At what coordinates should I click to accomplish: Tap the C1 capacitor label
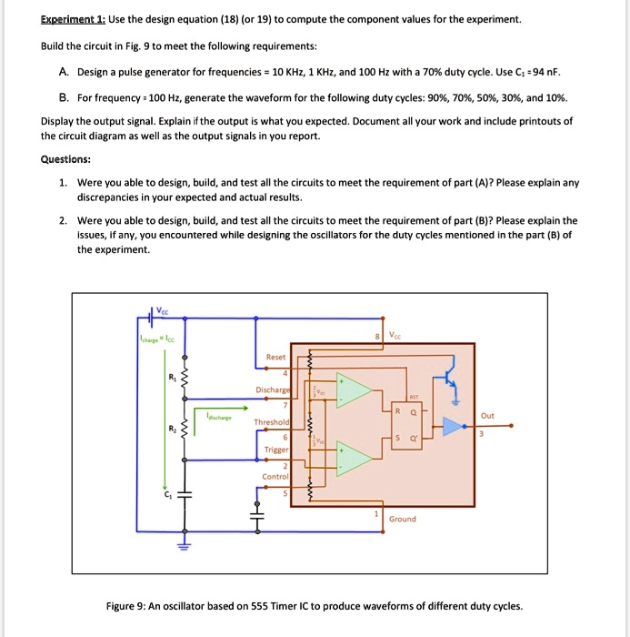pyautogui.click(x=167, y=495)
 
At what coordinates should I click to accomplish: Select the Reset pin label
pyautogui.click(x=276, y=358)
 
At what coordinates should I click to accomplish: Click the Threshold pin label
pyautogui.click(x=272, y=422)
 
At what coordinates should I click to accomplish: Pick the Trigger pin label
pyautogui.click(x=276, y=450)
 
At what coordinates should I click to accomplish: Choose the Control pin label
pyautogui.click(x=275, y=476)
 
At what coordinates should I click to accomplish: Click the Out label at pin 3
pyautogui.click(x=487, y=416)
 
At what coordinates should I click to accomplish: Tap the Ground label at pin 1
pyautogui.click(x=402, y=519)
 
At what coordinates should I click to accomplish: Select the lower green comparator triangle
pyautogui.click(x=354, y=452)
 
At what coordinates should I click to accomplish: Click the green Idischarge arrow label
pyautogui.click(x=217, y=418)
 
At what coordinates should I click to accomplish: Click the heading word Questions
pyautogui.click(x=65, y=158)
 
